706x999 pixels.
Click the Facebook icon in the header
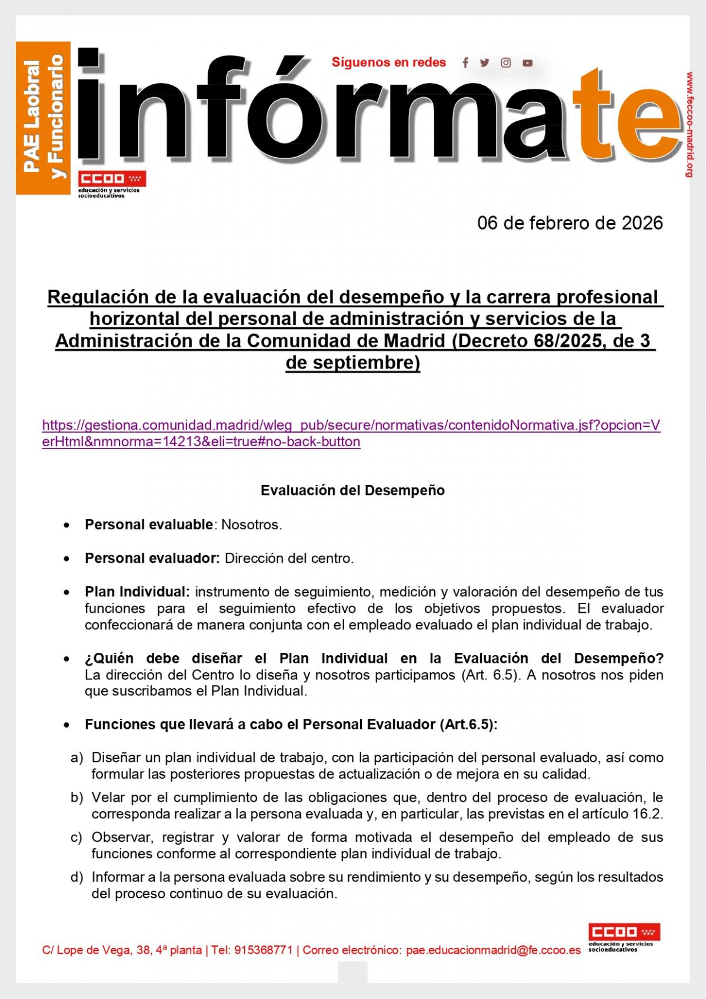pos(465,63)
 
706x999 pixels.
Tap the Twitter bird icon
pos(485,63)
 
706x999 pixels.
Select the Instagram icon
pos(506,63)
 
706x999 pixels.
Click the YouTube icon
pos(528,63)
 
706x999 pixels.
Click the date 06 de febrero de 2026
pos(570,223)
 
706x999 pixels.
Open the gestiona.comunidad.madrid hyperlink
pos(351,433)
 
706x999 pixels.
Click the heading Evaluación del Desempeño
pos(352,490)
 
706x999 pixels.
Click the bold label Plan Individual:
pos(137,592)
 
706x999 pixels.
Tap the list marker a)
pos(77,757)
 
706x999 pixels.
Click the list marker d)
pos(77,877)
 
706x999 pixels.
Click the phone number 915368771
pos(264,951)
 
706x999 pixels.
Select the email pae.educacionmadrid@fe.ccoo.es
pos(493,951)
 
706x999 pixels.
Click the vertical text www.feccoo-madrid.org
pos(690,124)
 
